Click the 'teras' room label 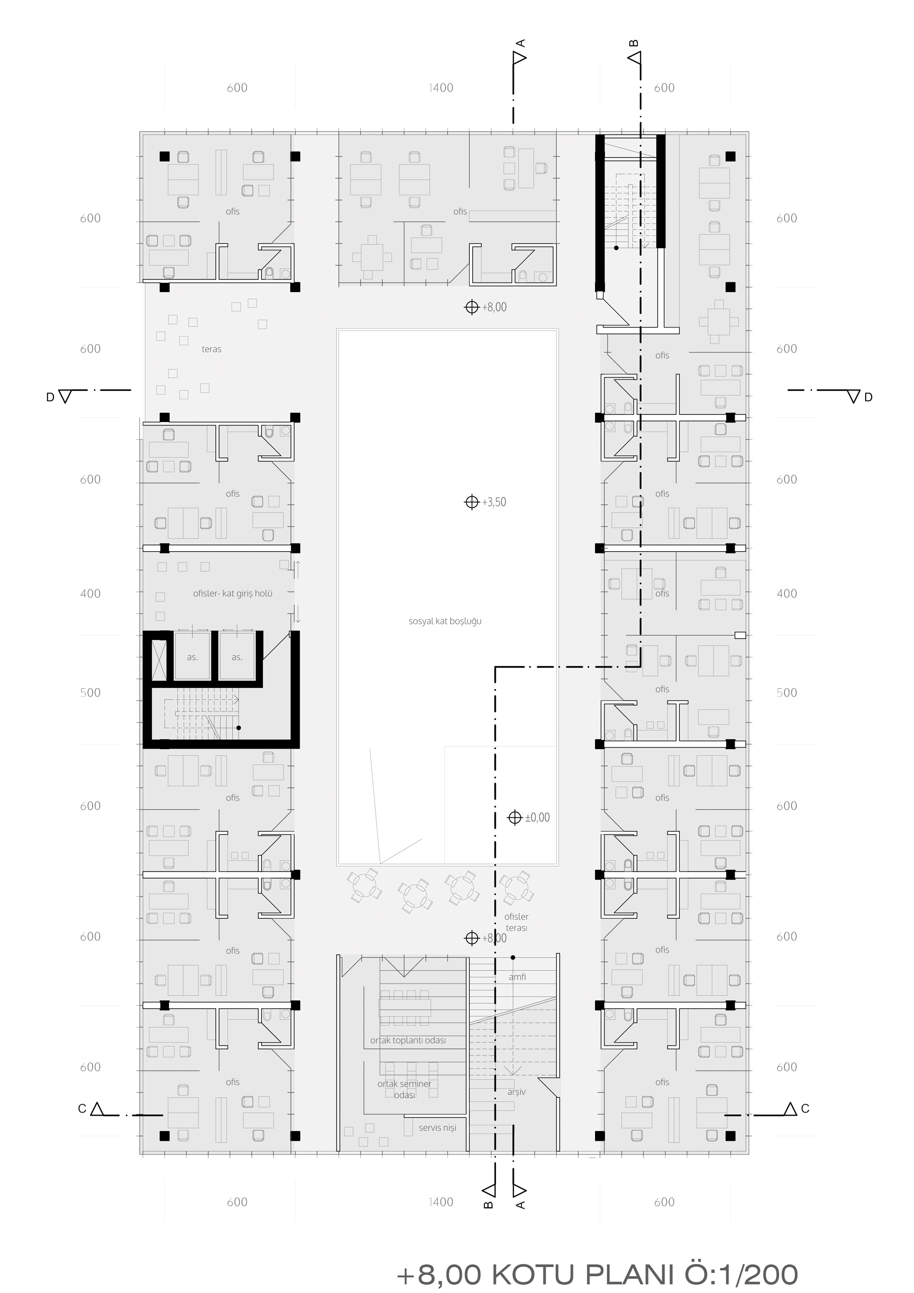click(x=211, y=349)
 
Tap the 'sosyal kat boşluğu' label click(x=445, y=621)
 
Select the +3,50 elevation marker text click(x=494, y=502)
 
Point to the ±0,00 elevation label click(x=537, y=817)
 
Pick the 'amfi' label click(x=517, y=977)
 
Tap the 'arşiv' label click(x=516, y=1092)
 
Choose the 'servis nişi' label click(x=437, y=1128)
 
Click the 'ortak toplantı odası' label click(x=408, y=1040)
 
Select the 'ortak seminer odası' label click(x=404, y=1089)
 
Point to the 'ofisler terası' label click(x=516, y=922)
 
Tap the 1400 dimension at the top click(x=441, y=88)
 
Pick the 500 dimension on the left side click(x=90, y=693)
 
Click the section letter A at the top click(x=521, y=43)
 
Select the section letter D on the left click(x=50, y=398)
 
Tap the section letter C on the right click(x=805, y=1108)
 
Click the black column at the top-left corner click(x=165, y=156)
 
